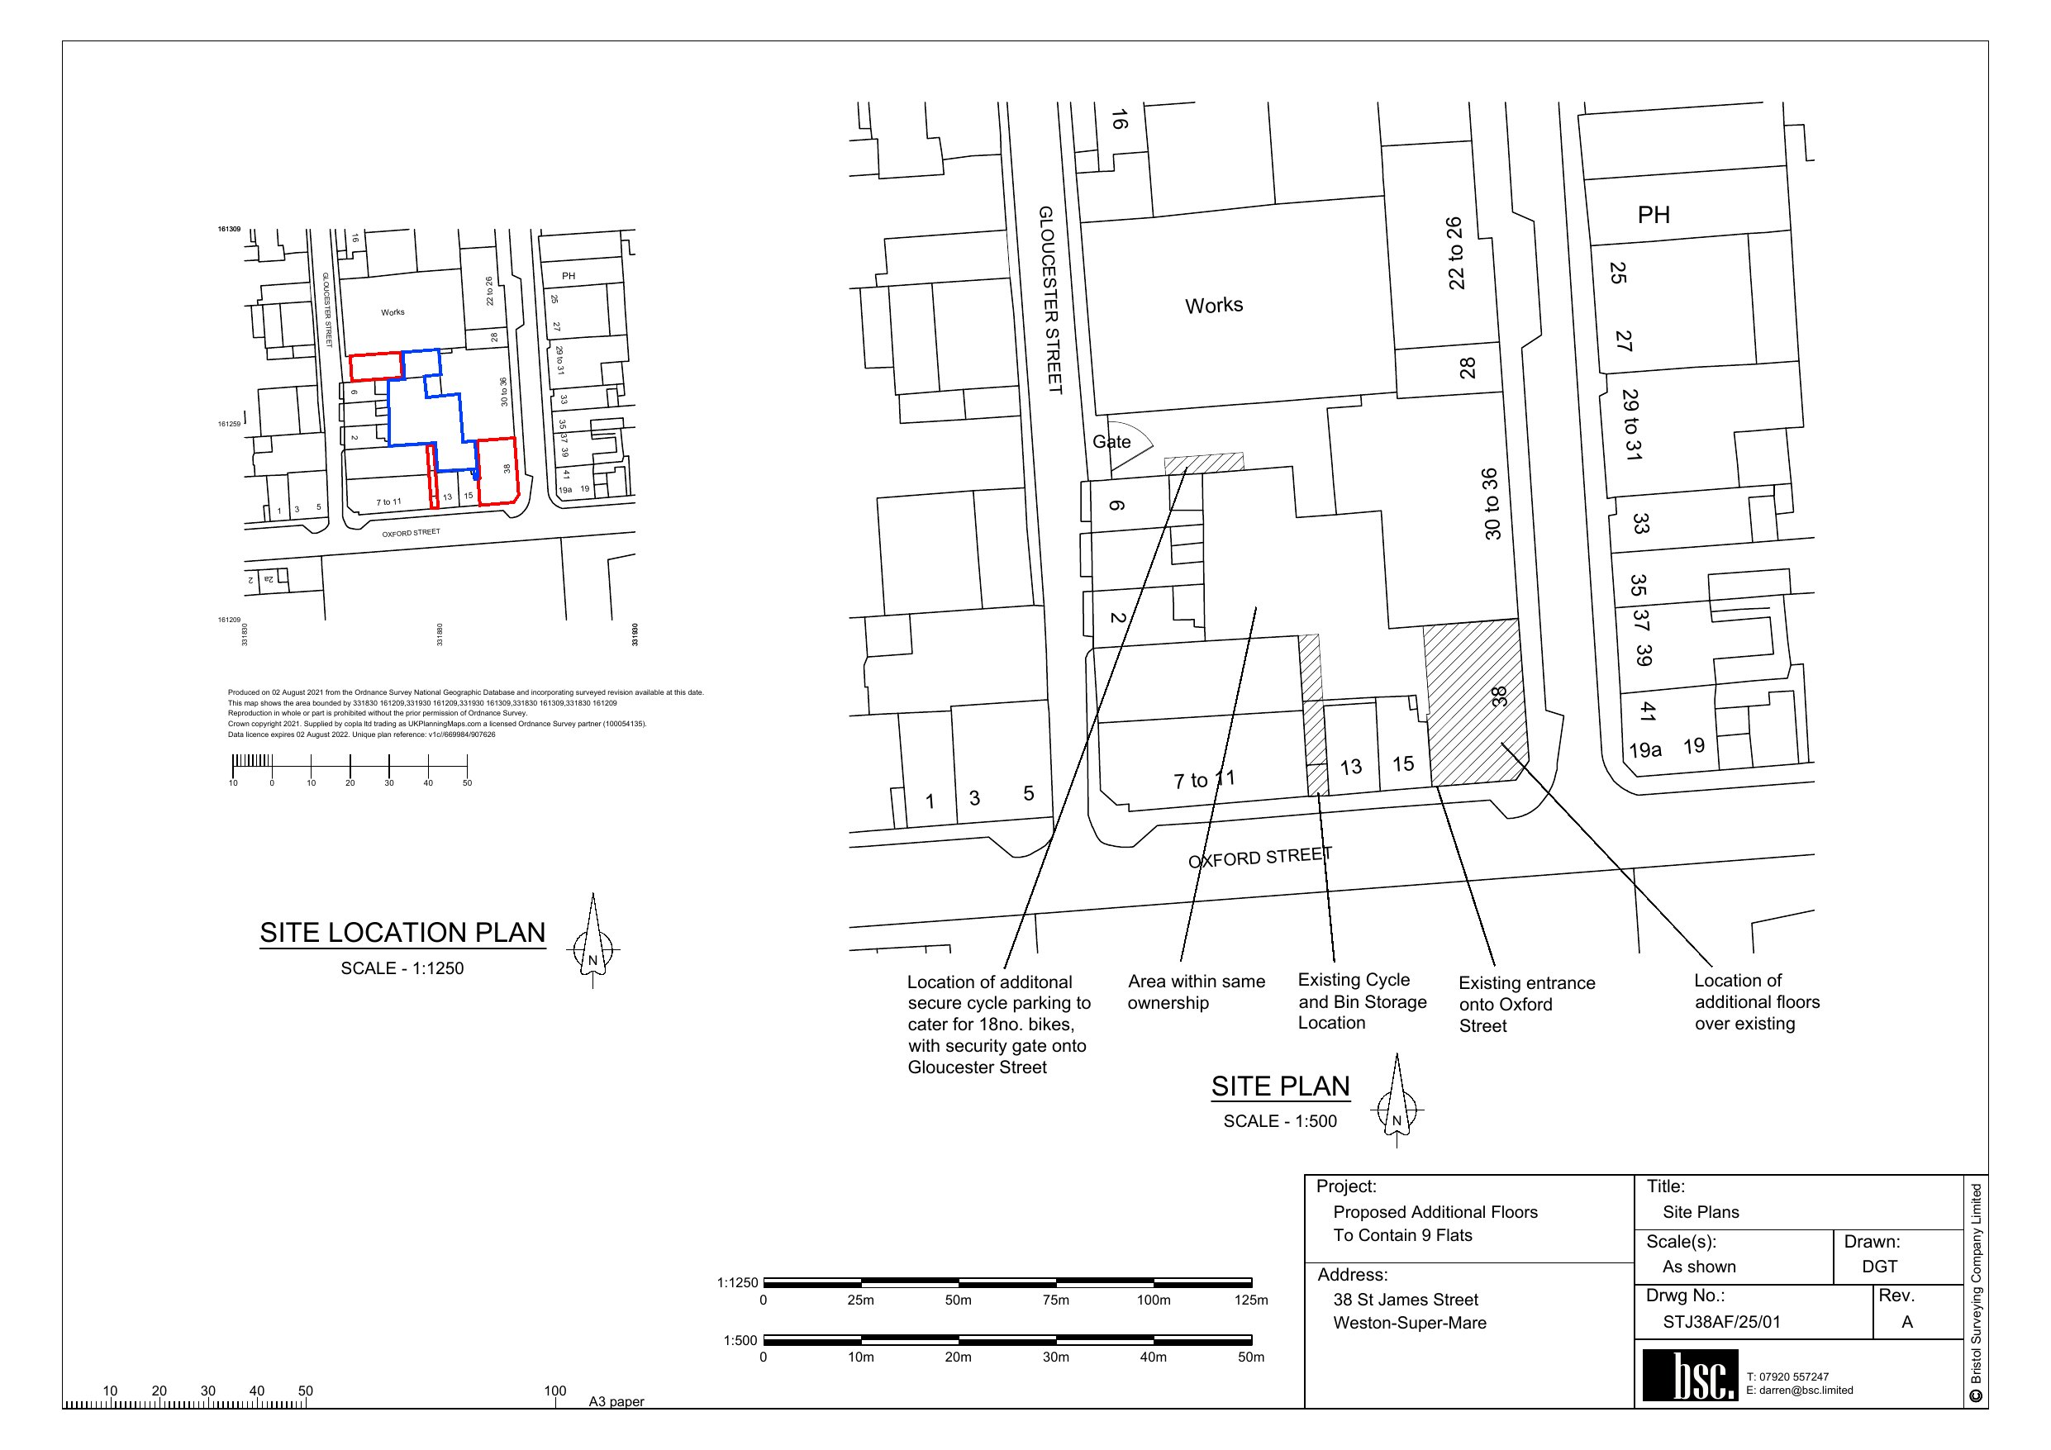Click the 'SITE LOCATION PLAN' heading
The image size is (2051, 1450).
tap(402, 933)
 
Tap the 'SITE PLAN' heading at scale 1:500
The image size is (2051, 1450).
tap(1280, 1086)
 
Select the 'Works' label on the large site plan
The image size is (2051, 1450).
tap(1214, 306)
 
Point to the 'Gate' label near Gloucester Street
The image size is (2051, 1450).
tap(1111, 442)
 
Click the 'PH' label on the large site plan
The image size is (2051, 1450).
tap(1654, 215)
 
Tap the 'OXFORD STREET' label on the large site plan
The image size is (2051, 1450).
tap(1259, 858)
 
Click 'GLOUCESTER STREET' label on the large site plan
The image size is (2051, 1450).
tap(1049, 299)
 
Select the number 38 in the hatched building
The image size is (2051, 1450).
tap(1499, 696)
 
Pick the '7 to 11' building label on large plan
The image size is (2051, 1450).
tap(1203, 779)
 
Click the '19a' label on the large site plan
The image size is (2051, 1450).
tap(1644, 749)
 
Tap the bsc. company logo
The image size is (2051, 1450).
tap(1690, 1376)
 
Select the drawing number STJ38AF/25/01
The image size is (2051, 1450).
tap(1721, 1322)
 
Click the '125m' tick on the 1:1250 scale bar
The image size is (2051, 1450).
tap(1250, 1300)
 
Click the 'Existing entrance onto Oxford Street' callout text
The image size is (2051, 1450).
tap(1525, 1004)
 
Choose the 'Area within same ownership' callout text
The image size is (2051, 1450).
tap(1195, 992)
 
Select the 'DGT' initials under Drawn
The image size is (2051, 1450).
tap(1879, 1266)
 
